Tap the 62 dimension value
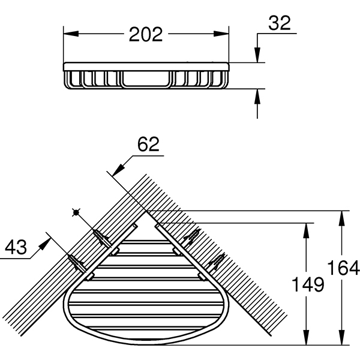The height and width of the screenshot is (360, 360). click(x=148, y=144)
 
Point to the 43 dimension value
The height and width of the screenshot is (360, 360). click(x=17, y=247)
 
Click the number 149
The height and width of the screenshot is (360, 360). click(x=307, y=284)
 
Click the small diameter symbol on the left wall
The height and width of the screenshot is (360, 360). click(x=76, y=212)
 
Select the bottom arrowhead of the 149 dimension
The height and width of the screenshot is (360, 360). click(x=307, y=340)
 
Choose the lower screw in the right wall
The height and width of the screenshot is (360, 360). click(x=215, y=262)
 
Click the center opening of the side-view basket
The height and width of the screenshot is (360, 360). click(x=146, y=79)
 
